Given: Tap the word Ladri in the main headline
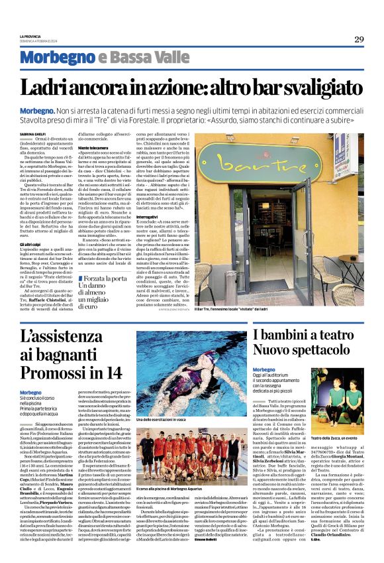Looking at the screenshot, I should click(63, 86).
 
